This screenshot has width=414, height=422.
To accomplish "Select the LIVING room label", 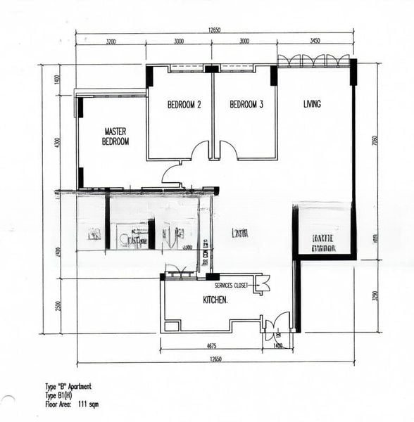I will (x=312, y=104).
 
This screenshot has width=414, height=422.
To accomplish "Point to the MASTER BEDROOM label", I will (x=116, y=136).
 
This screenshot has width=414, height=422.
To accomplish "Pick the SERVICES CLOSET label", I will (x=233, y=285).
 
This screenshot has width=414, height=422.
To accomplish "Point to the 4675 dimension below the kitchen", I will (x=211, y=345).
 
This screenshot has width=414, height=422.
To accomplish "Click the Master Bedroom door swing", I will (x=173, y=173).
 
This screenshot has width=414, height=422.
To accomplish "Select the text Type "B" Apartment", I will (x=68, y=386).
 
